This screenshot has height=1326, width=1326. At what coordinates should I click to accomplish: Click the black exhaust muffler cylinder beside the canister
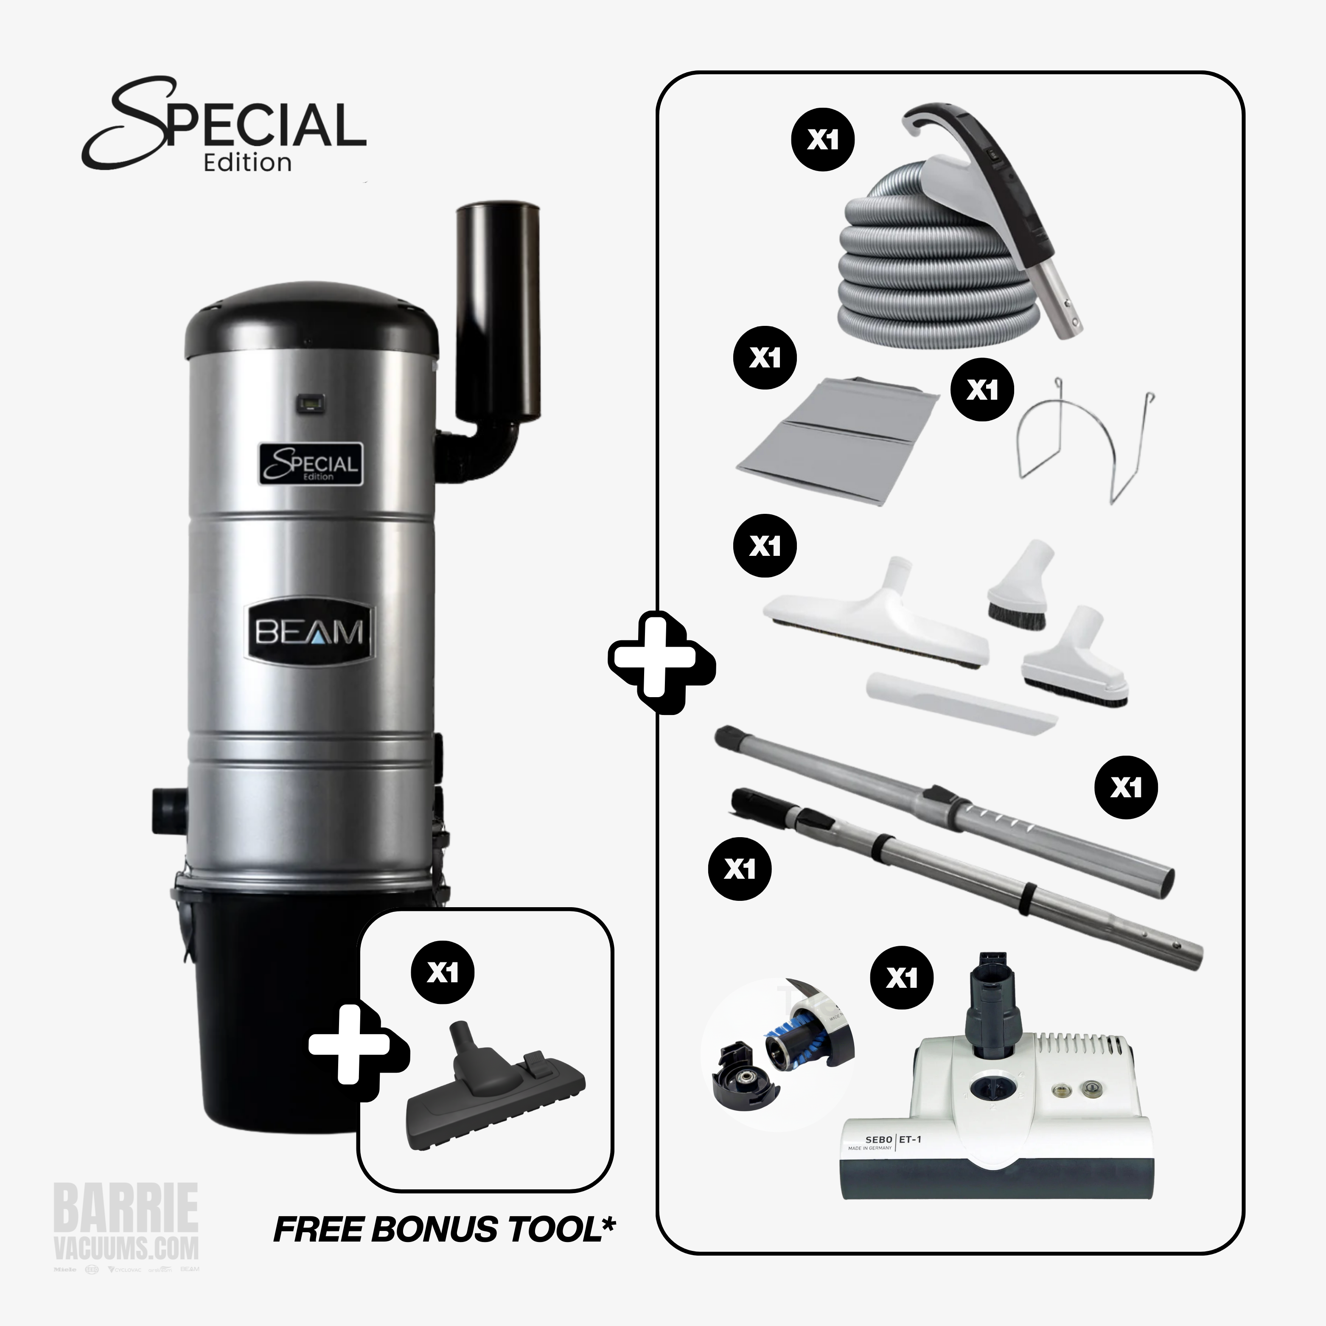(x=498, y=312)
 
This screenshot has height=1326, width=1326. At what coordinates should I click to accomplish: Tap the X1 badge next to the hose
(x=823, y=140)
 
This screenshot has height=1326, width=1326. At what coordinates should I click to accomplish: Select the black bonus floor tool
(x=494, y=1091)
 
